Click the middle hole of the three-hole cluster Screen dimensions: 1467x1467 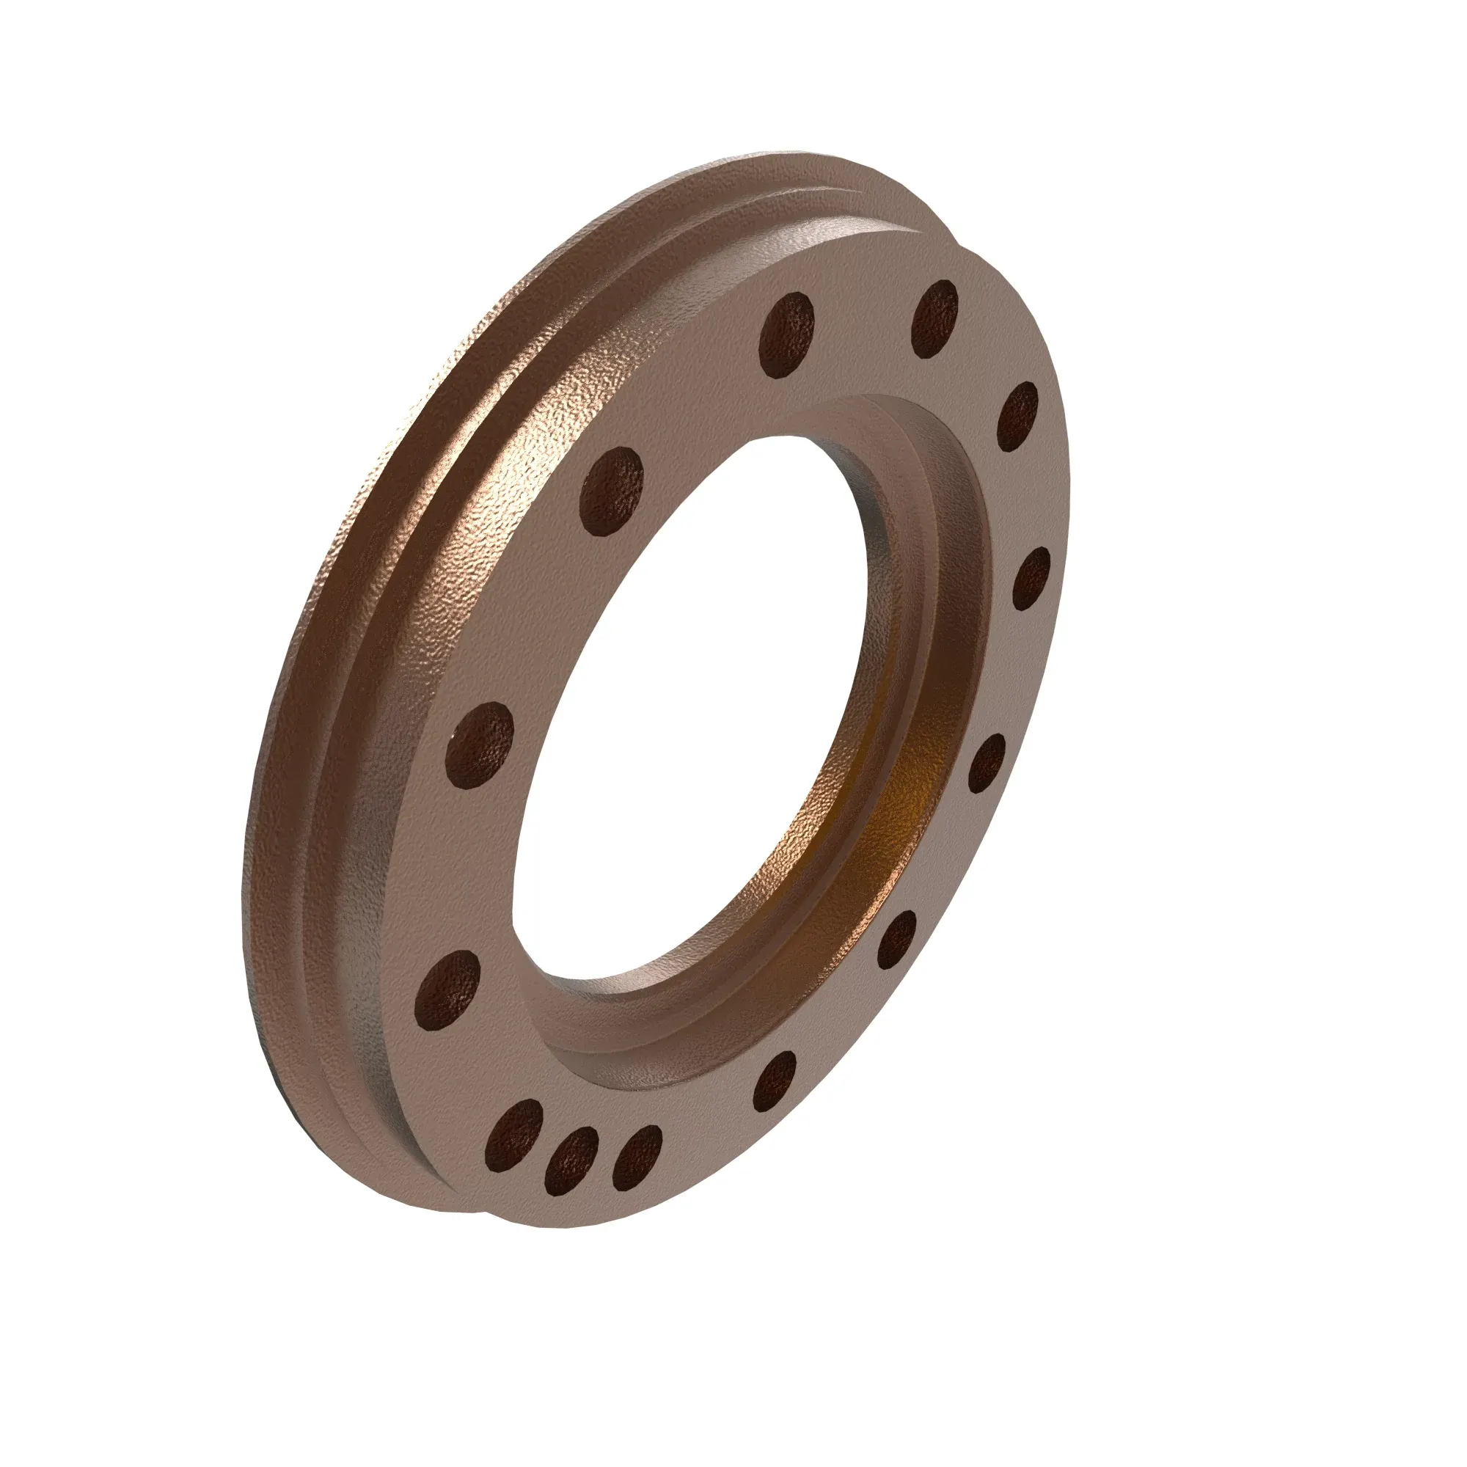[x=572, y=1160]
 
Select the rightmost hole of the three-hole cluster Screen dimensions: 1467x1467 [x=636, y=1157]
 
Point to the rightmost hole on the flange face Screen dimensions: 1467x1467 [x=1031, y=579]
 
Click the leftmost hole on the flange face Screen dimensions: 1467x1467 [x=449, y=989]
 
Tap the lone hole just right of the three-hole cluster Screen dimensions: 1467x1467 [x=776, y=1081]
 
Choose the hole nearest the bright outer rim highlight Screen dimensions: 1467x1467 [x=611, y=491]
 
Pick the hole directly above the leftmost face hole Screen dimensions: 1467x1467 [x=479, y=744]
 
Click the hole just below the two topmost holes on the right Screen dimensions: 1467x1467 [x=1017, y=416]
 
